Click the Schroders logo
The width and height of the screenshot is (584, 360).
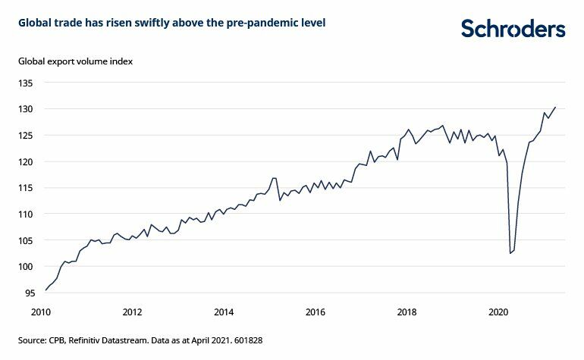513,29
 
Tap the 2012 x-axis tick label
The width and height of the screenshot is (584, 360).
132,311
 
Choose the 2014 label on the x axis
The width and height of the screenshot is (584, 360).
224,311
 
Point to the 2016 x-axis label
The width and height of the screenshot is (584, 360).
316,311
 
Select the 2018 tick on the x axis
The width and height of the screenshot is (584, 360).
407,311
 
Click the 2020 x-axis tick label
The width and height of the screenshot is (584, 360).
498,311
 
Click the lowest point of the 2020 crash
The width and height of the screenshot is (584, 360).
510,253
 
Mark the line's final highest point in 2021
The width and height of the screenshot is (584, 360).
555,107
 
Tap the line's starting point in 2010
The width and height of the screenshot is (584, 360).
46,290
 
